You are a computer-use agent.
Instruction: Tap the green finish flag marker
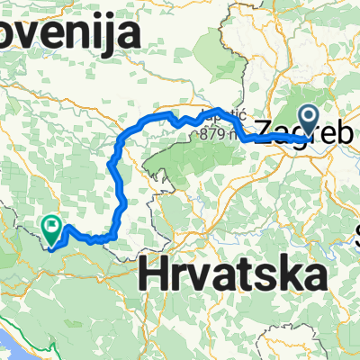(x=51, y=230)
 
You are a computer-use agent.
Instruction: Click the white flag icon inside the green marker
(x=51, y=227)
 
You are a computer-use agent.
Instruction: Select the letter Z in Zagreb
(x=267, y=130)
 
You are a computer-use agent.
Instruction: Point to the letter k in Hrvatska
(x=287, y=271)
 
